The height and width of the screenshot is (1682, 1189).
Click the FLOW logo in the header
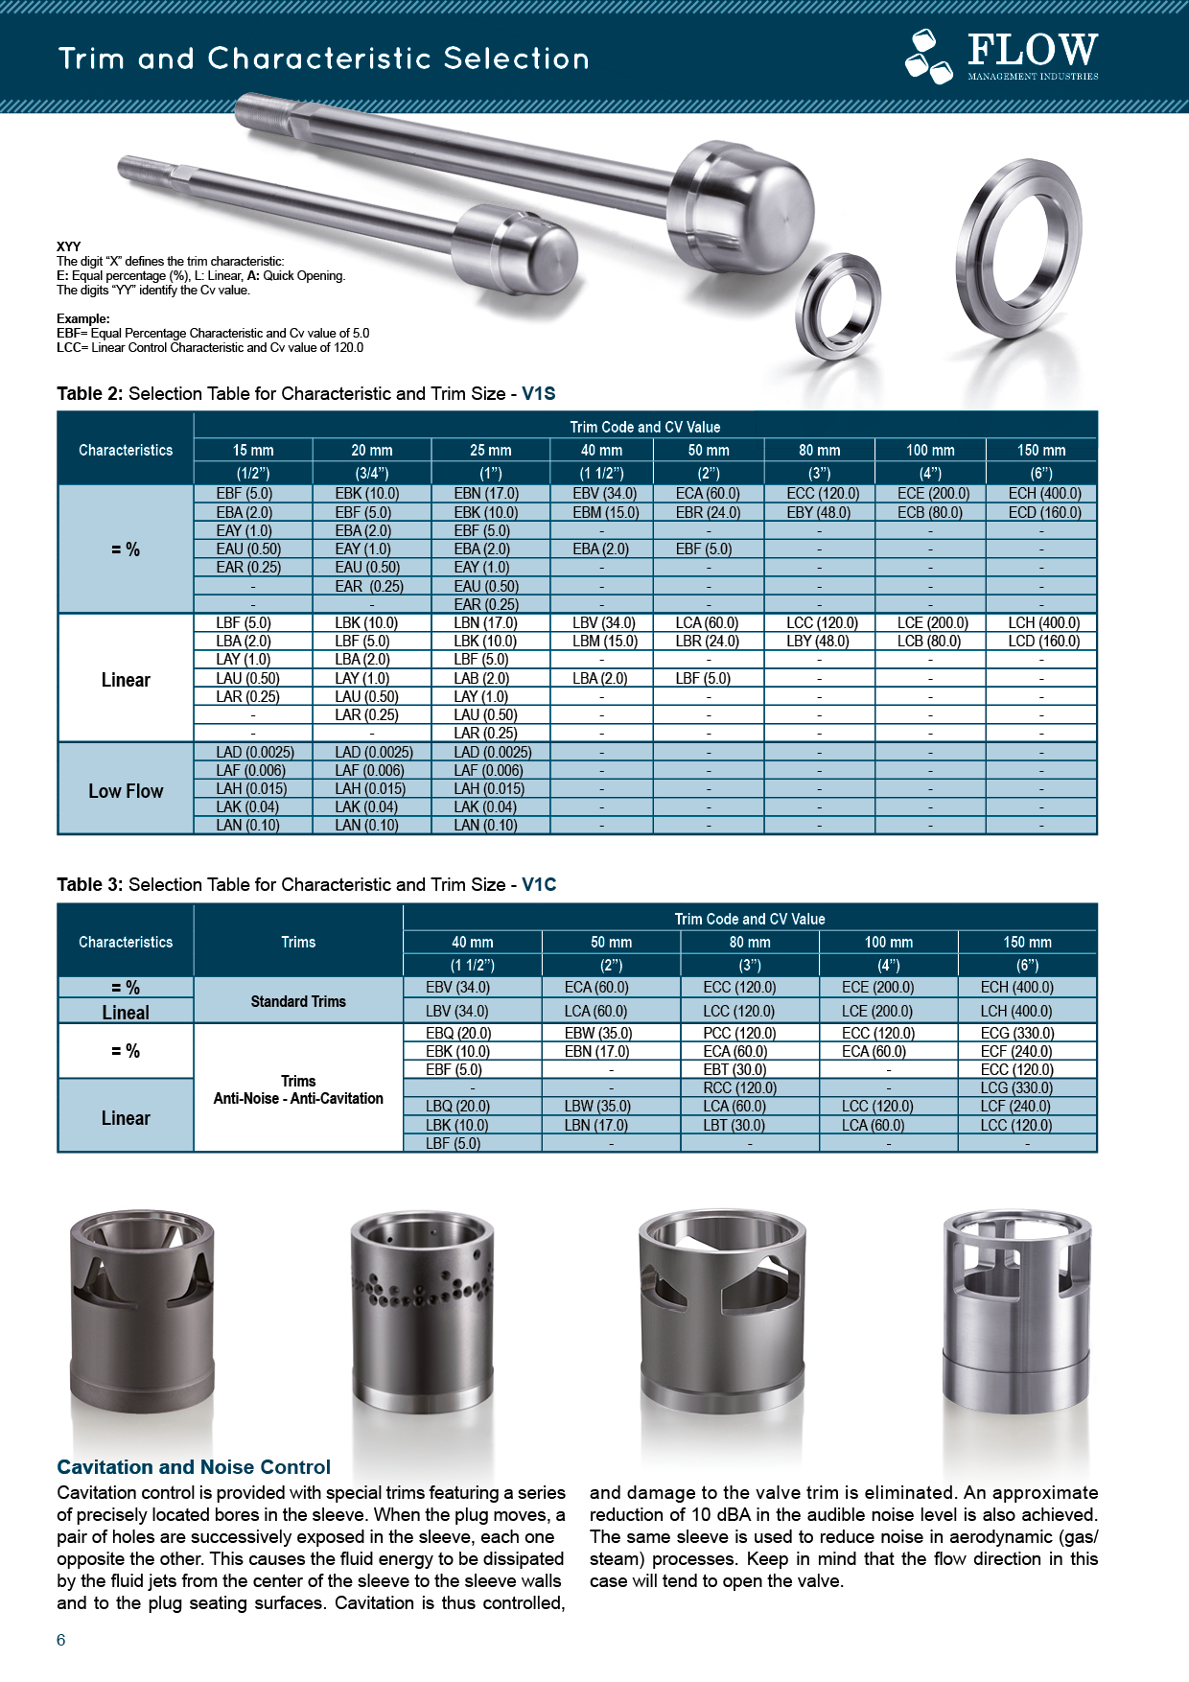pos(1002,56)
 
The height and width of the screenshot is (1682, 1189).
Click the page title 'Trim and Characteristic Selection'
pos(324,59)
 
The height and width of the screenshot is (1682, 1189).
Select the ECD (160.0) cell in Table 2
pos(1044,512)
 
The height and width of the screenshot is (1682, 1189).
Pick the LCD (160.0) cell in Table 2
pos(1043,641)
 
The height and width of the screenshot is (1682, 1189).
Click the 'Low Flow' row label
pos(126,791)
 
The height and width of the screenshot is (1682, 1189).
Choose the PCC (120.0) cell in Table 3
pos(739,1033)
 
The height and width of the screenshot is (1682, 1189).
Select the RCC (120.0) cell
pos(739,1087)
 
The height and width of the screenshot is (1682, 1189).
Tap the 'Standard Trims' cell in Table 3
pos(298,1001)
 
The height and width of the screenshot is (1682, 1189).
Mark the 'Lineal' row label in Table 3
pos(126,1012)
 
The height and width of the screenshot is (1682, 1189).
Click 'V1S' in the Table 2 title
pos(538,393)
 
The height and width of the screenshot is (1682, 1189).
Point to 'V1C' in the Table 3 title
pos(539,884)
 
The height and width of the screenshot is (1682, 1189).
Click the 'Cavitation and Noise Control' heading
pos(194,1466)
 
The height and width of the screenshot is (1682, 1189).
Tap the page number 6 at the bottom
pos(61,1640)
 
